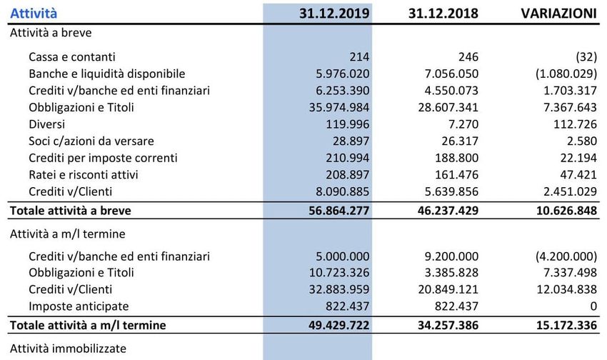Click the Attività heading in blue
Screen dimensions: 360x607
click(x=34, y=13)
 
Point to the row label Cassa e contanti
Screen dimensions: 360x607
click(x=72, y=56)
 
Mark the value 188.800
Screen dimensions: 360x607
click(x=458, y=158)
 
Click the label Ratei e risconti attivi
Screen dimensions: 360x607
click(x=84, y=175)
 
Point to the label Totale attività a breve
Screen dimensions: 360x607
click(x=70, y=211)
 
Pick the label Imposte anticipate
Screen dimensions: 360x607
click(x=79, y=306)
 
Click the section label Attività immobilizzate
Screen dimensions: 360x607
click(x=67, y=349)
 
